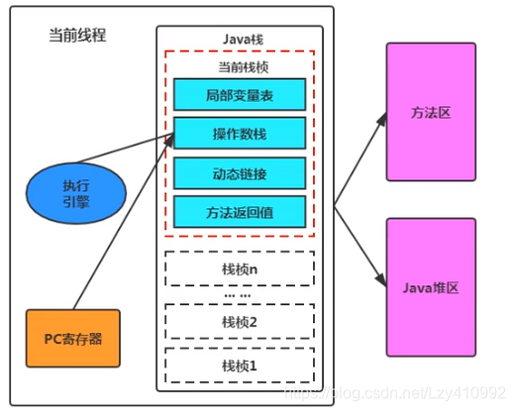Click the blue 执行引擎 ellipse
point(76,193)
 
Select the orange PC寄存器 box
point(73,339)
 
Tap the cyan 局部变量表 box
point(240,95)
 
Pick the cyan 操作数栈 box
point(240,134)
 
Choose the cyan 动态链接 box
point(240,173)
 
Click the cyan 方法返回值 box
point(240,212)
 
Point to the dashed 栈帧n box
point(240,268)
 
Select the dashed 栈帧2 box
point(240,322)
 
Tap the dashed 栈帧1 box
point(240,365)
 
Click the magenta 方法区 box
point(431,112)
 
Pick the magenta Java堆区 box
point(431,287)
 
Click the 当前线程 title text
point(77,35)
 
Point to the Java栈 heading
point(244,40)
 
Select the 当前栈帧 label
point(244,67)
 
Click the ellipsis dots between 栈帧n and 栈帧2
point(238,295)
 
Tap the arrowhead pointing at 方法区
point(383,118)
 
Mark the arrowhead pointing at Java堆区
point(382,280)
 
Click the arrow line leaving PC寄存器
point(124,222)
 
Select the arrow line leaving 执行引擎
point(125,149)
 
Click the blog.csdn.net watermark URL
point(395,393)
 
